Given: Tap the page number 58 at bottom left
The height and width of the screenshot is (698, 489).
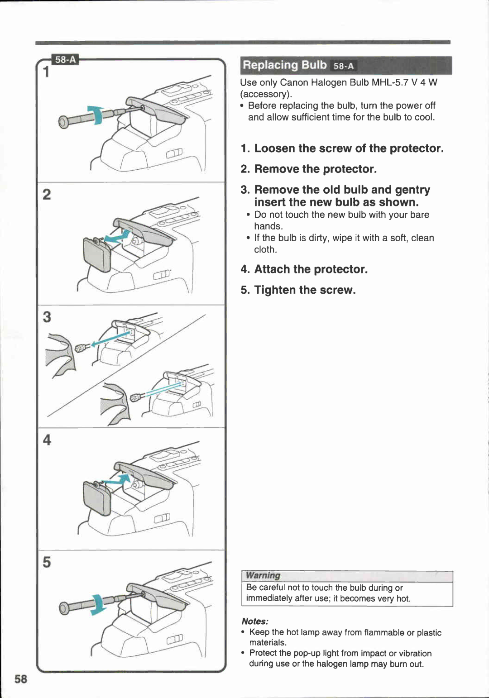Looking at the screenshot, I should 21,679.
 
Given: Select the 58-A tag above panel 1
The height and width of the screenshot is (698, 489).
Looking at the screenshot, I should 66,60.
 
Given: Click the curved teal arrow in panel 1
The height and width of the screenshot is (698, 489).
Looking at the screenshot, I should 96,114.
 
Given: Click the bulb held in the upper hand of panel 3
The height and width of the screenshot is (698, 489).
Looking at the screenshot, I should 81,348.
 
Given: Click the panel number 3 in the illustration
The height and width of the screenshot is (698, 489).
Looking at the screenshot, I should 47,317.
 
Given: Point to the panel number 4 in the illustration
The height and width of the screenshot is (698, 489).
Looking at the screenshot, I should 47,440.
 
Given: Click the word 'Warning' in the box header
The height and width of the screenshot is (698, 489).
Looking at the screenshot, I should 263,576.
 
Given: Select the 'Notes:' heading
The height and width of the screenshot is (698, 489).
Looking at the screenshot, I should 255,622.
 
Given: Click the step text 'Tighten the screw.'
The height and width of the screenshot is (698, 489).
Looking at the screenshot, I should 305,290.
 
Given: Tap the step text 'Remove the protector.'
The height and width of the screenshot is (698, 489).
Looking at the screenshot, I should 315,169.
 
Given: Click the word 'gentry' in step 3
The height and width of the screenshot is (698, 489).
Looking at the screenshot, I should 412,190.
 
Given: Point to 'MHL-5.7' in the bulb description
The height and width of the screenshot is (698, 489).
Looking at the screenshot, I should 389,82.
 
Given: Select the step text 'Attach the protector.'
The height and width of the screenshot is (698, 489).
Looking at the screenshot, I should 311,269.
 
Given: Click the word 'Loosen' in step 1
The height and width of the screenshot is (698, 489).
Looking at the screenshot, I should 274,148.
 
